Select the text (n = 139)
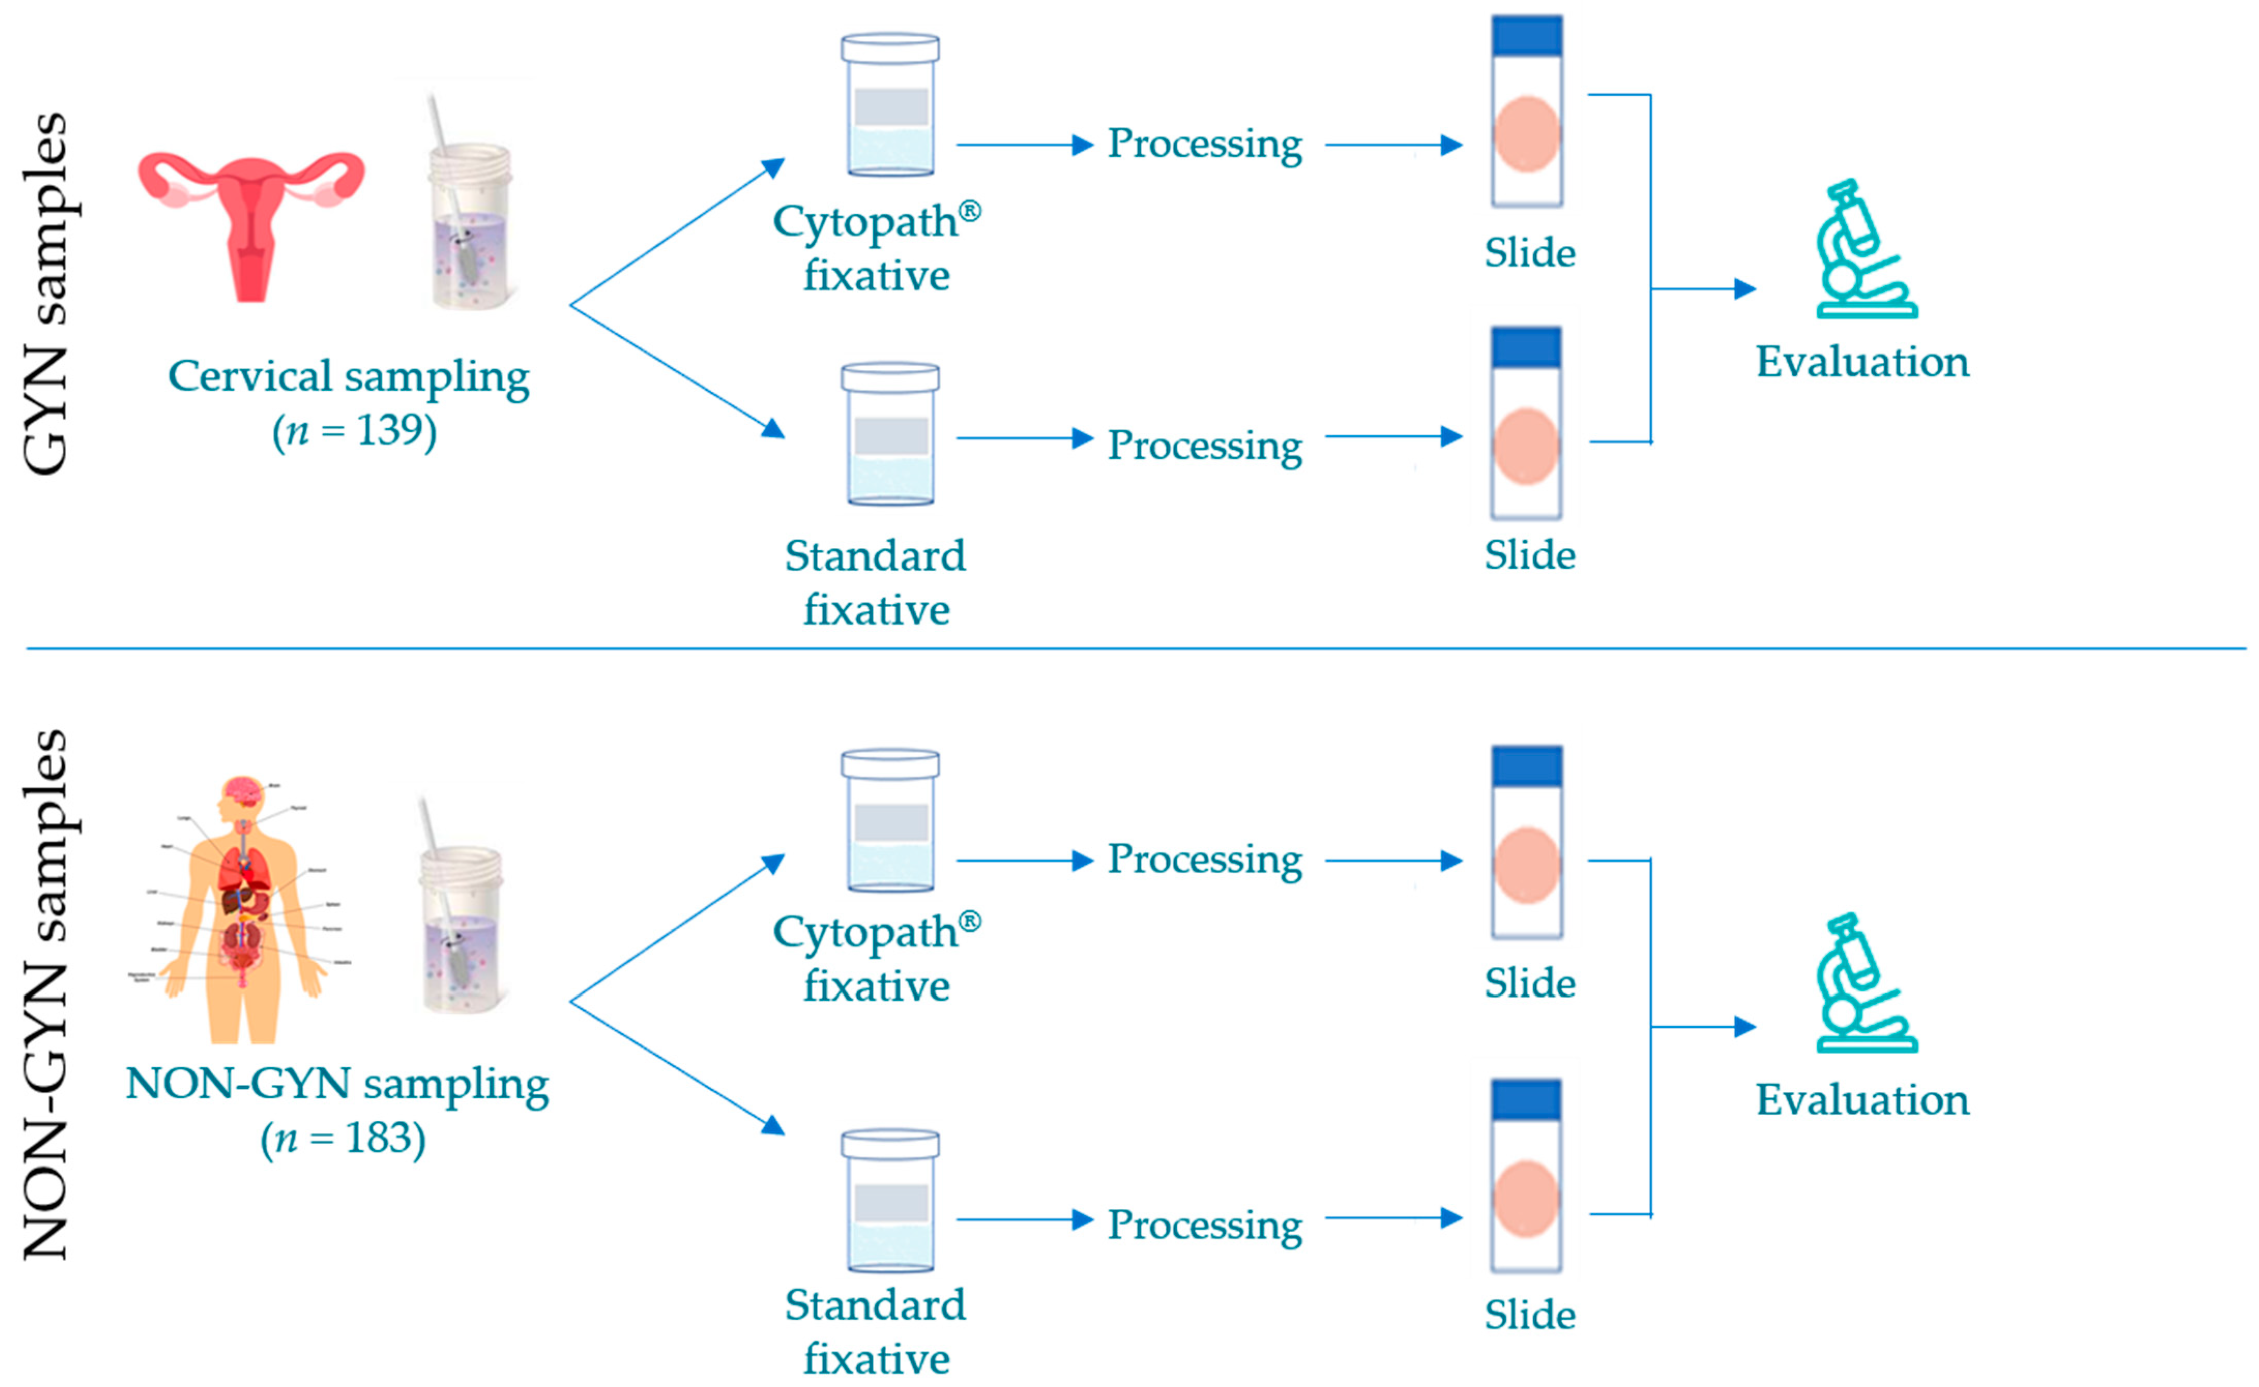(354, 430)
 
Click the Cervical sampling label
(349, 376)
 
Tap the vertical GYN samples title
(46, 293)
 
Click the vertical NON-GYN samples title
(46, 995)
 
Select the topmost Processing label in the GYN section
(1204, 144)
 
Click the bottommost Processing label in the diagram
(1204, 1224)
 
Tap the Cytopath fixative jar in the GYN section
(890, 106)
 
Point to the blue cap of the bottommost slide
(1526, 1099)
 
